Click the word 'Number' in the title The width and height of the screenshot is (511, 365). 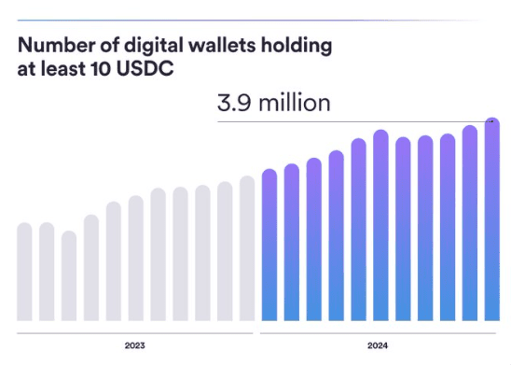point(52,46)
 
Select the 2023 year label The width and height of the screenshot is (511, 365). point(134,345)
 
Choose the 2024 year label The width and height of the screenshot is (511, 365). point(378,345)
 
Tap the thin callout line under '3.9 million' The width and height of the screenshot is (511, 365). point(354,120)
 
